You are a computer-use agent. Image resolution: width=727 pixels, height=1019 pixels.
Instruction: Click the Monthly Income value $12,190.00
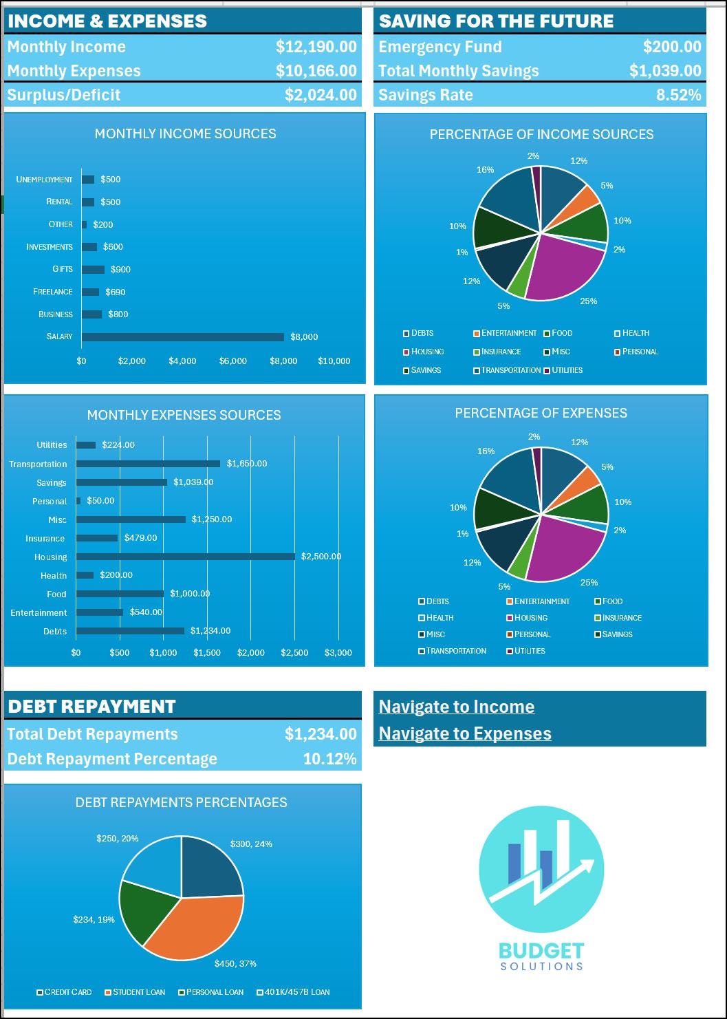point(316,47)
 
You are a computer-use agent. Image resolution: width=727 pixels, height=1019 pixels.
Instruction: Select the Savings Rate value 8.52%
point(678,95)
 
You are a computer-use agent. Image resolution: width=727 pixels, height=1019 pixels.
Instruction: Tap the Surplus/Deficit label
point(64,95)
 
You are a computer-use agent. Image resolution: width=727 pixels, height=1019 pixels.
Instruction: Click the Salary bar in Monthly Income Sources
point(182,337)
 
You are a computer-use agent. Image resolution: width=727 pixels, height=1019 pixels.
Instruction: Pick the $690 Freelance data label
point(116,292)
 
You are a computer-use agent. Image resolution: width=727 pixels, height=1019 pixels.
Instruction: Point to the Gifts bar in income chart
point(93,270)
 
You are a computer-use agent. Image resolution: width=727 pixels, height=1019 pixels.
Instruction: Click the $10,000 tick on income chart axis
point(334,361)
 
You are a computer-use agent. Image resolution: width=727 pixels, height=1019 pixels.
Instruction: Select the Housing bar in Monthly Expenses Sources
point(186,557)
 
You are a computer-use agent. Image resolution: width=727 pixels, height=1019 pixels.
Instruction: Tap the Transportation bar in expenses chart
point(148,464)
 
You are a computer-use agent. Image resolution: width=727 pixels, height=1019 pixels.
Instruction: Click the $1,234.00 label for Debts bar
point(210,630)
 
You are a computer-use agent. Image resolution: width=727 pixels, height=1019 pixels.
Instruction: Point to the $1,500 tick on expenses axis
point(207,652)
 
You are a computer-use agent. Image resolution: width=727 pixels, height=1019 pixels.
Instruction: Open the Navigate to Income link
point(457,707)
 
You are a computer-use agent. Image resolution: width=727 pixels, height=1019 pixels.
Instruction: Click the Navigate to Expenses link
point(465,733)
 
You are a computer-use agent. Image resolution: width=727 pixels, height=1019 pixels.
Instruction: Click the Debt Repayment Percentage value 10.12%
point(329,759)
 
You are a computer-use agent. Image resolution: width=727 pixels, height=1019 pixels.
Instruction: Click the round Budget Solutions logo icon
point(541,868)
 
